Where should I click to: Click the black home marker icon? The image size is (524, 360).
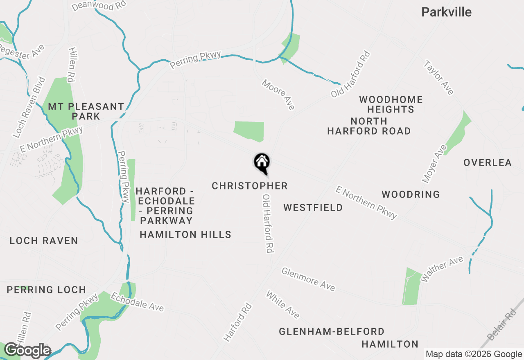pos(262,163)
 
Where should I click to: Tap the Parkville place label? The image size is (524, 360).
pos(446,12)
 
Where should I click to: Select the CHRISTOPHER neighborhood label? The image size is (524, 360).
pos(250,186)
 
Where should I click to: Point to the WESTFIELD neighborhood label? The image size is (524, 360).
pos(313,208)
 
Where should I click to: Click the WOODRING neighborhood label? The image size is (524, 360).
pos(411,194)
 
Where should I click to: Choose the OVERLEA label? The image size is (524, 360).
pos(488,163)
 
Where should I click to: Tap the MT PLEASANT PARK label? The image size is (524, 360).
pos(86,111)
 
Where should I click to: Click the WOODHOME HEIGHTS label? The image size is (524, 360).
pos(391,104)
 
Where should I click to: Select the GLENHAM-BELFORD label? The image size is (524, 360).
pos(332,331)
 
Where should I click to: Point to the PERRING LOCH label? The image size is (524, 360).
pos(46,290)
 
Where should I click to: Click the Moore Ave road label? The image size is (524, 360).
pos(278,94)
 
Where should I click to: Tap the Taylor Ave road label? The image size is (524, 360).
pos(439,78)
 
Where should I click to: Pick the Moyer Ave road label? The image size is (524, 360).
pos(434,164)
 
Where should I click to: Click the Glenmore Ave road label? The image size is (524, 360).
pos(308,279)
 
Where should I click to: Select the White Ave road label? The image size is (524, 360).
pos(283,304)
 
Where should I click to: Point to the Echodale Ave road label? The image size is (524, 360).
pos(137,302)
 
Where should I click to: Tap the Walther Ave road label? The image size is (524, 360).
pos(442,269)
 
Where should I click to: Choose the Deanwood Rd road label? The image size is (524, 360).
pos(99,5)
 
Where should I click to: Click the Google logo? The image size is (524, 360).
pos(27,351)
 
